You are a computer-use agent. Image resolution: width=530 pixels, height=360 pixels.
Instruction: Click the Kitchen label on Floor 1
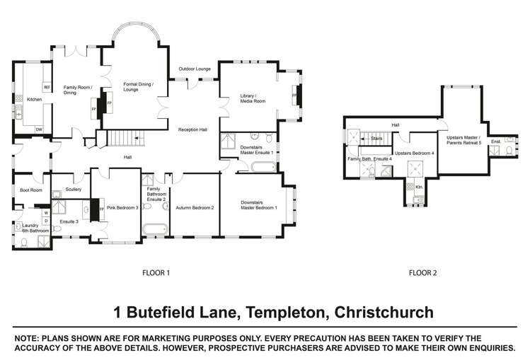[34, 100]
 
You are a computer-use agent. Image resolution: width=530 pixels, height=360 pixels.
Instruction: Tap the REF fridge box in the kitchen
[47, 88]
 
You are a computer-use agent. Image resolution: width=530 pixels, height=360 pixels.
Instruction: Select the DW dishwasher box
[39, 129]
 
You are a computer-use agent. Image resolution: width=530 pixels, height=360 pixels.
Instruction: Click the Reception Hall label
[192, 129]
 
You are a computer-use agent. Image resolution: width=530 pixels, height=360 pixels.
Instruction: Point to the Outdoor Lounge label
[194, 69]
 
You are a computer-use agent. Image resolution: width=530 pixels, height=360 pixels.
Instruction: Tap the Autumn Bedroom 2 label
[196, 207]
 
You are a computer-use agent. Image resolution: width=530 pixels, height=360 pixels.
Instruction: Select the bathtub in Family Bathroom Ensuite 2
[154, 228]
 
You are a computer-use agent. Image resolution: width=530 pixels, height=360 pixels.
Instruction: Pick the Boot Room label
[30, 190]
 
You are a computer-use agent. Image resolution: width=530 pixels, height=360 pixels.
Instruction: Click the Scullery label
[73, 190]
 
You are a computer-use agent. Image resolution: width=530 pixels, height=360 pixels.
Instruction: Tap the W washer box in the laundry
[46, 211]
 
